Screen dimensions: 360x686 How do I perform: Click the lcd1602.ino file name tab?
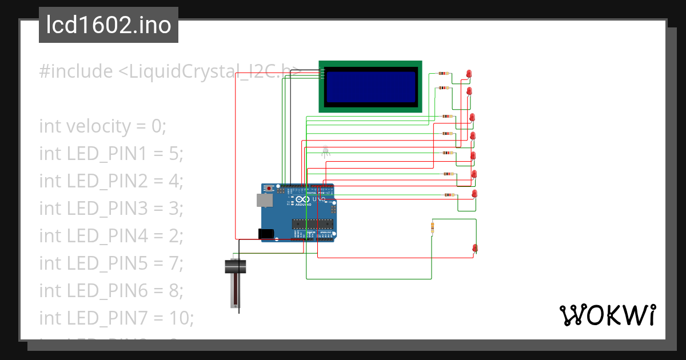tap(108, 25)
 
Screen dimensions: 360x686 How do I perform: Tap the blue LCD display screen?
tap(370, 86)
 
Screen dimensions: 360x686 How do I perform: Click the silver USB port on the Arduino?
tap(264, 199)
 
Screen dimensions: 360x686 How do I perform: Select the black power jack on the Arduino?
tap(265, 234)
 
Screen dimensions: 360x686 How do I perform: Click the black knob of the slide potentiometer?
tap(234, 266)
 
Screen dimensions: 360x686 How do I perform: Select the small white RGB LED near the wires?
tap(325, 150)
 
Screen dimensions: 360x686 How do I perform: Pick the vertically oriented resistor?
tap(432, 229)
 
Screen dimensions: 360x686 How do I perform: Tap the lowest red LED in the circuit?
tap(474, 247)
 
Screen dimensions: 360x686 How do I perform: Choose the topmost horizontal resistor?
tap(443, 73)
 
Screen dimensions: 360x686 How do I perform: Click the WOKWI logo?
tap(607, 315)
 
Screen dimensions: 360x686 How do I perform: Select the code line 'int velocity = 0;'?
tap(102, 126)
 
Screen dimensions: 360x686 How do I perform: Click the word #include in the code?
tap(75, 71)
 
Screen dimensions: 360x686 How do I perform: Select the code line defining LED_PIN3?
tap(111, 208)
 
